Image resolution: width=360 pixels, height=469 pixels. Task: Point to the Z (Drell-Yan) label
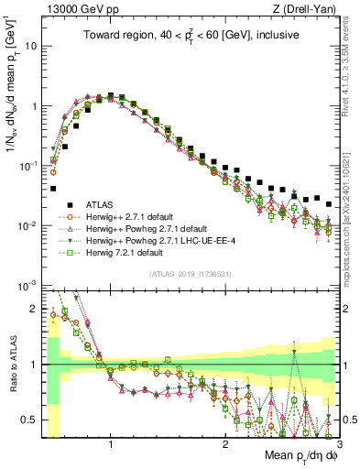coord(308,9)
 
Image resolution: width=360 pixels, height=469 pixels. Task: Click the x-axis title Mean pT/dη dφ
coord(296,455)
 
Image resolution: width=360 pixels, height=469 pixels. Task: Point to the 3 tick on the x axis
coord(338,443)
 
